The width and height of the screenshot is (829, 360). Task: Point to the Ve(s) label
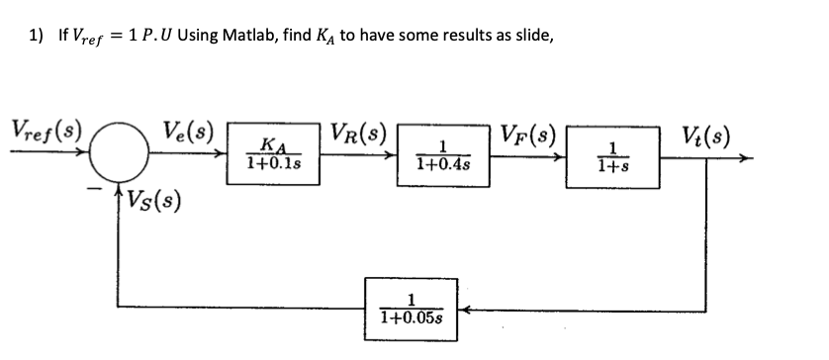coord(187,131)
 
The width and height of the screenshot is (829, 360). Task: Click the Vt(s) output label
coord(703,131)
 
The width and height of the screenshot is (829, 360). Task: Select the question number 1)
coord(36,36)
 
